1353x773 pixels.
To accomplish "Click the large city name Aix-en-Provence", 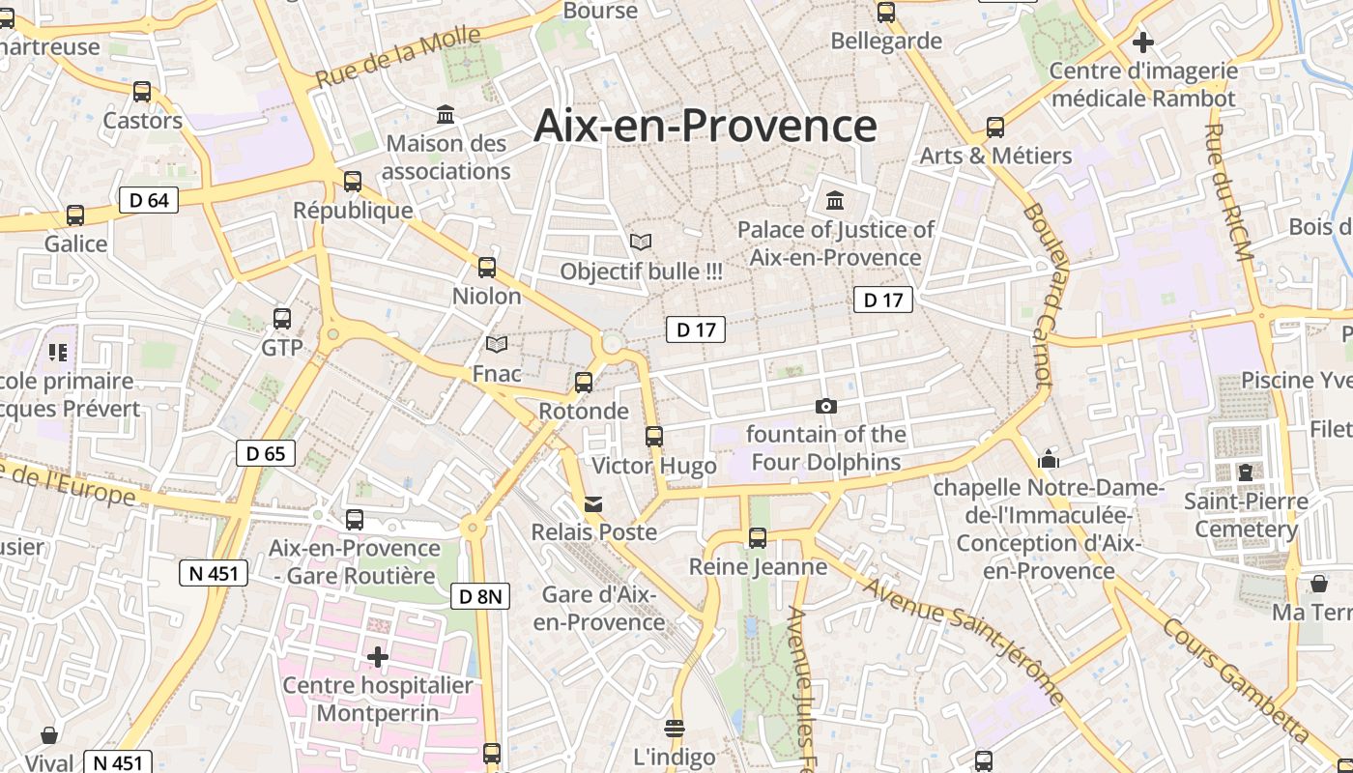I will pos(705,126).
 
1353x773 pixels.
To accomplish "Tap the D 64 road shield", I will pos(148,200).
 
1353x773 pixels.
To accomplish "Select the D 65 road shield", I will pos(265,453).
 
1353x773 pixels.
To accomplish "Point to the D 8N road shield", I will pos(479,596).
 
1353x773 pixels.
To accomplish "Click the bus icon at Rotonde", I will pos(584,382).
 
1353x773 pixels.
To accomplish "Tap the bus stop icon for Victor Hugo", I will pos(654,437).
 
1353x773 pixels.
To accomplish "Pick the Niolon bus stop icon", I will pos(487,268).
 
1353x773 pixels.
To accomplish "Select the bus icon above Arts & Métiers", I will pos(995,128).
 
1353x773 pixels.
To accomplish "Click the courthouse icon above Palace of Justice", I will pos(835,201).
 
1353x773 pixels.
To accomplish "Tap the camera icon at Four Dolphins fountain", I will pos(825,406).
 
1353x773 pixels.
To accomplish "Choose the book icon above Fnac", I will pos(497,345).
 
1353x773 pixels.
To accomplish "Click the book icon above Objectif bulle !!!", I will pos(641,242).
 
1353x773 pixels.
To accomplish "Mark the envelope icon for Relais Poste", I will pos(593,503).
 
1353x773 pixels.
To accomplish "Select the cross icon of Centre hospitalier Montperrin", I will pos(378,658).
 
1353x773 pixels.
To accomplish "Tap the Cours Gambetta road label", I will pos(1236,686).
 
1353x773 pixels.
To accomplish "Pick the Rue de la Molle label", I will pos(398,58).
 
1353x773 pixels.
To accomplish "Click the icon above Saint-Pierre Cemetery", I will pos(1246,472).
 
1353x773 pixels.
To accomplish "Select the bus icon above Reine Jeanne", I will pos(758,538).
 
